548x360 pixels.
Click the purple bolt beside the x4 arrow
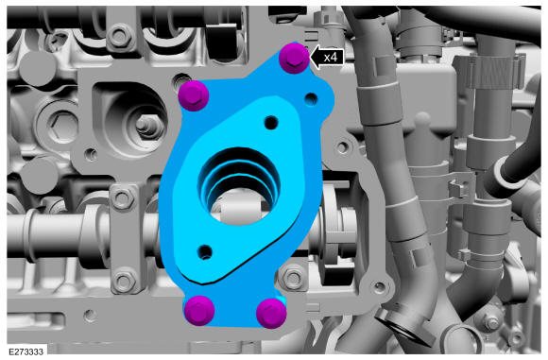point(294,58)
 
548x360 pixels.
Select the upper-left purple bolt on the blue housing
point(194,95)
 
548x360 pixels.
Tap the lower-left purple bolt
point(198,311)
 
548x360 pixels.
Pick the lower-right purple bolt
point(271,313)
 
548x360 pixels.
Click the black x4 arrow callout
point(327,57)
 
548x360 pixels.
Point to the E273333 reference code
point(26,351)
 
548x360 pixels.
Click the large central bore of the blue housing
point(239,185)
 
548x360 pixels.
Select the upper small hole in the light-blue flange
point(271,123)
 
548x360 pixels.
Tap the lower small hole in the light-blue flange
point(205,251)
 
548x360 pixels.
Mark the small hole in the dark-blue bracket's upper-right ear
point(311,99)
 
